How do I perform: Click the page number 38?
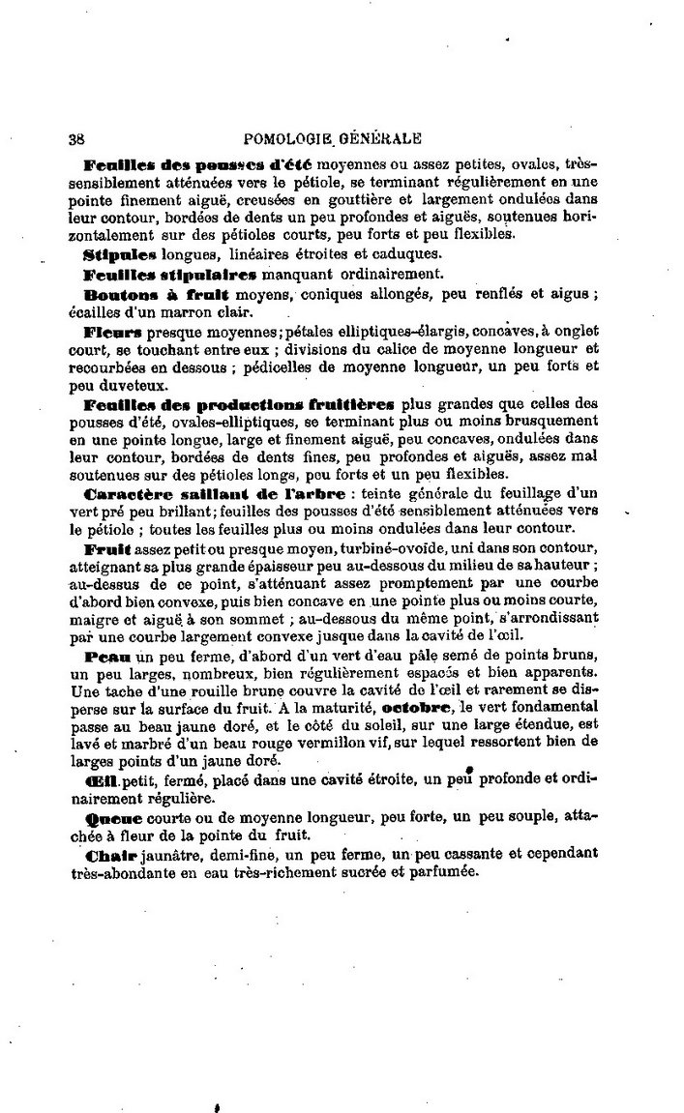coord(76,137)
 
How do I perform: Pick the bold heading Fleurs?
coord(109,330)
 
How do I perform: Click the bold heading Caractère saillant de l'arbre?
coord(214,493)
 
